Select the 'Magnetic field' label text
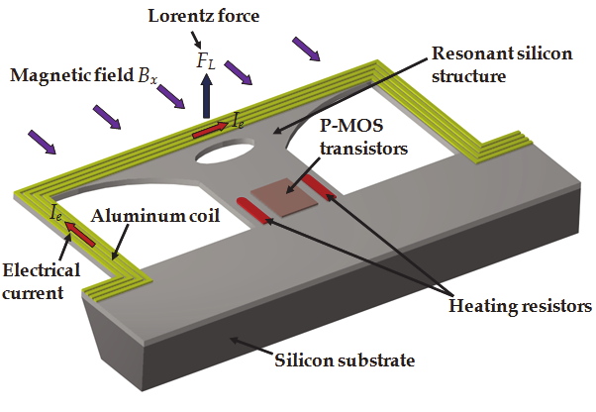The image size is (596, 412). (x=71, y=75)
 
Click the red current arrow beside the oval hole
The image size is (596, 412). (x=209, y=129)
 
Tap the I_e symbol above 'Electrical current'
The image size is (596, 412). (x=57, y=211)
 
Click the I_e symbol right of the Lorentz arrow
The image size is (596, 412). (x=240, y=120)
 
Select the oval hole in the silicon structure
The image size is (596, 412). (x=224, y=152)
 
